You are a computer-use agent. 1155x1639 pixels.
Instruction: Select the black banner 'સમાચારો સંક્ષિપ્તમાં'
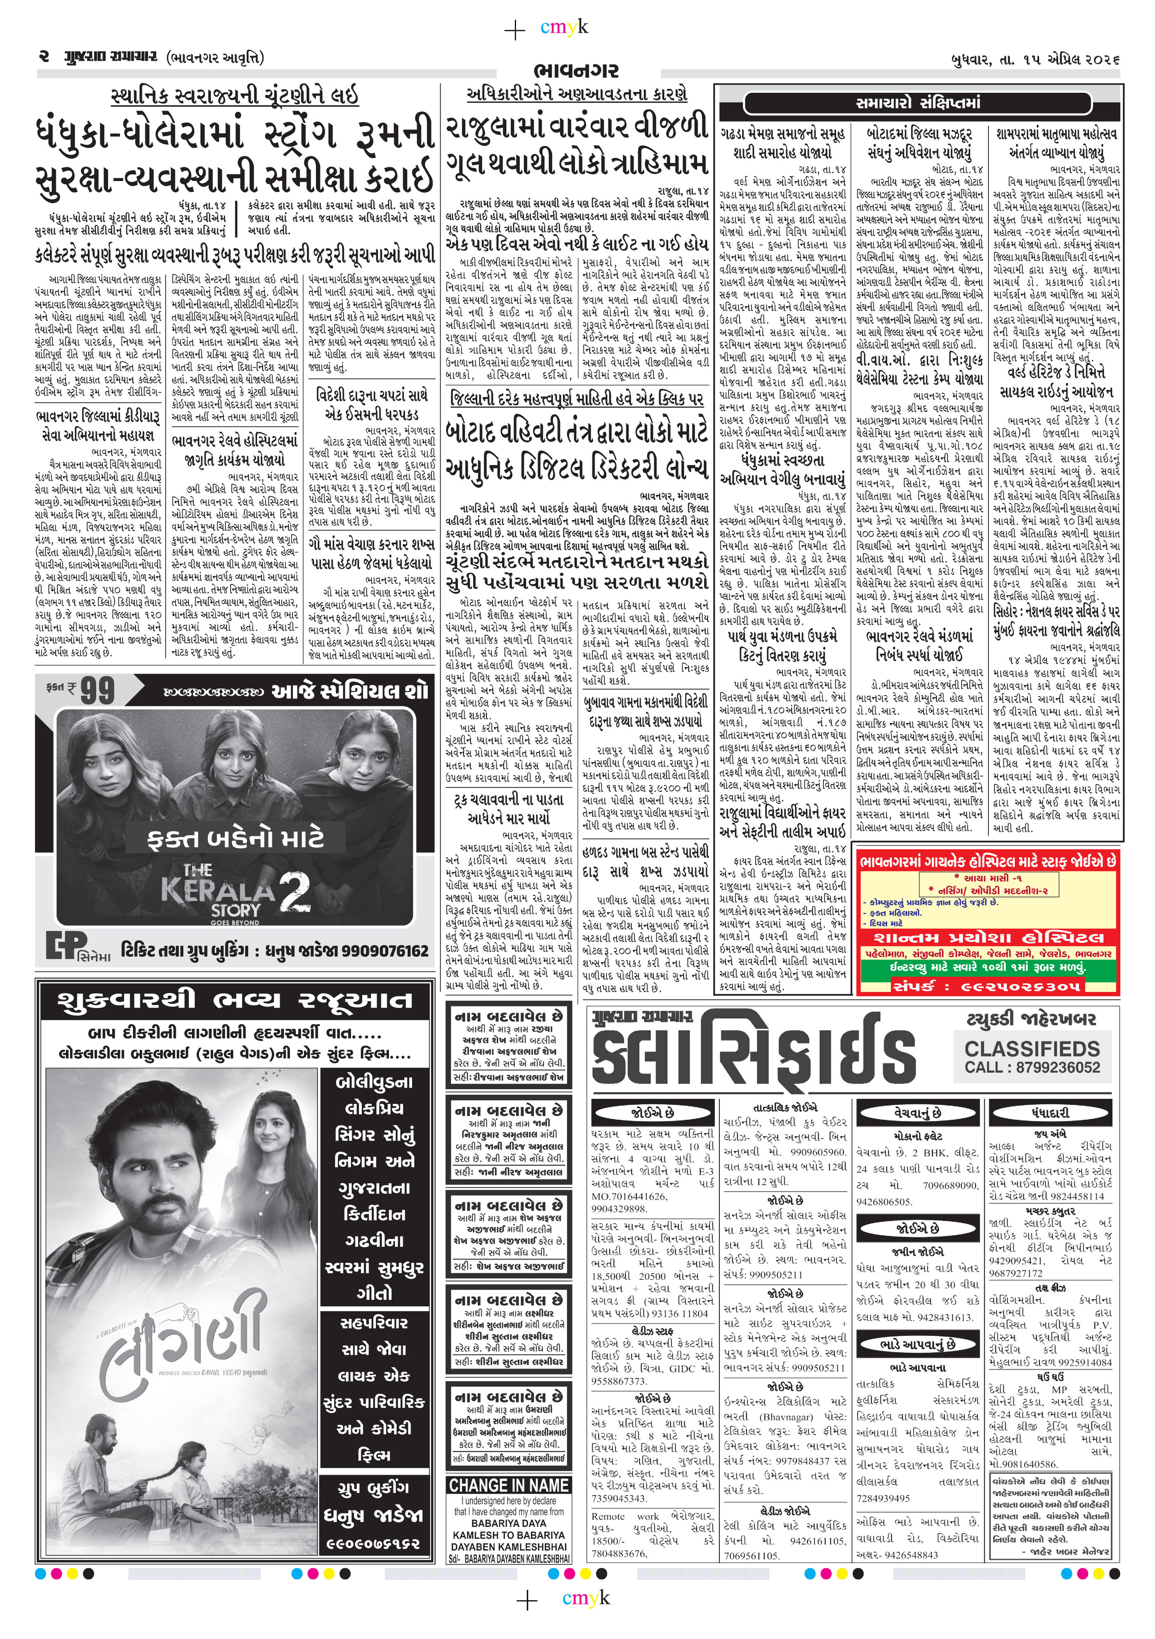tap(918, 103)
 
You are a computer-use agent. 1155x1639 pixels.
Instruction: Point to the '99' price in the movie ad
tap(97, 690)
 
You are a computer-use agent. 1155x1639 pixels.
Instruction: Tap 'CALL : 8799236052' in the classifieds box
tap(1032, 1067)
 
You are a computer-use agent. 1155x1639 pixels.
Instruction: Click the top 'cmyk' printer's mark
tap(564, 27)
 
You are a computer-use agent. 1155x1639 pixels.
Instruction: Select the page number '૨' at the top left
tap(44, 57)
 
